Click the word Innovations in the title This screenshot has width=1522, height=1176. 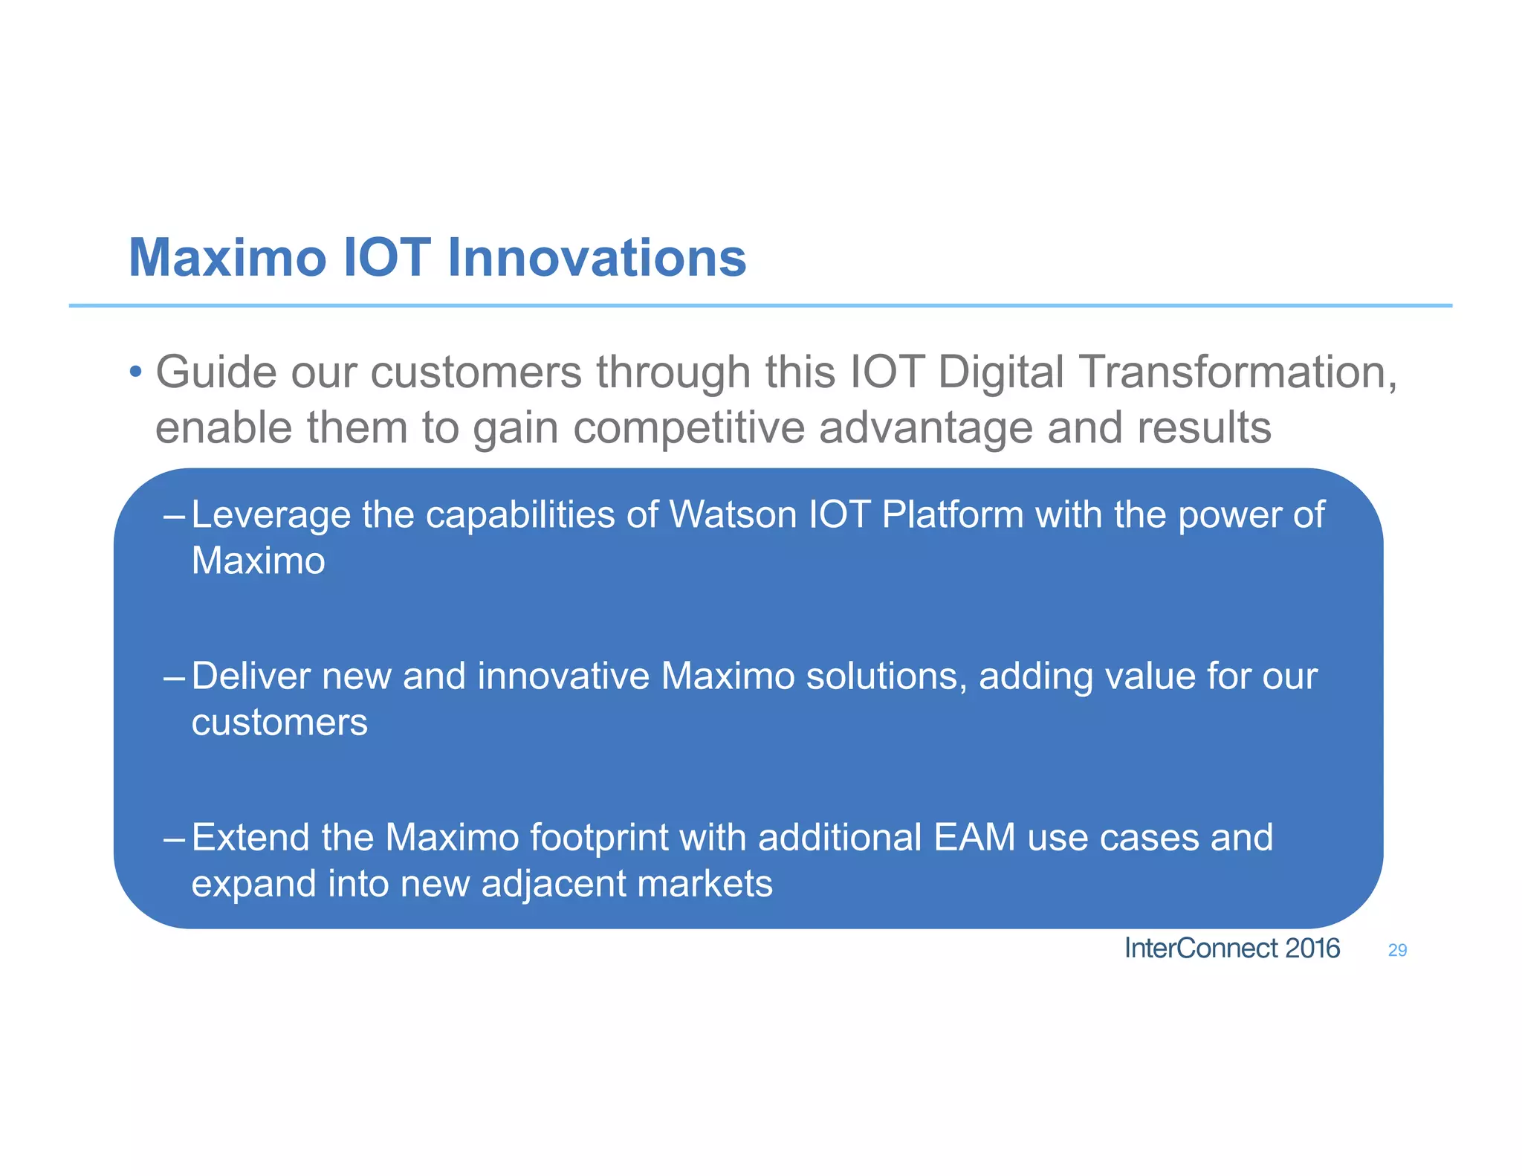597,258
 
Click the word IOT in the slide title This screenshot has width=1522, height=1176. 386,258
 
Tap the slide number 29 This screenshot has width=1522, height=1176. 1397,950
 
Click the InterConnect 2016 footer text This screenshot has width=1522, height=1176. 1231,949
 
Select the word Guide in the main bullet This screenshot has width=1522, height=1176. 216,372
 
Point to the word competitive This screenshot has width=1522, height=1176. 689,428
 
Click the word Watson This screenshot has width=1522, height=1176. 733,514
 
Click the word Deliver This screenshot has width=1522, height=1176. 251,676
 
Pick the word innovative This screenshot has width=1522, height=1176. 563,676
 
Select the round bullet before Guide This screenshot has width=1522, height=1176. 135,372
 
